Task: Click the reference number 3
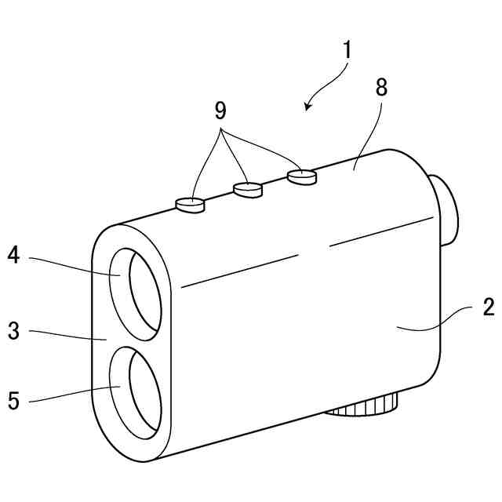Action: click(x=13, y=330)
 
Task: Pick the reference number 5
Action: click(x=13, y=401)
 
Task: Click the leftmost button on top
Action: click(x=189, y=204)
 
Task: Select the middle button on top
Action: click(x=247, y=188)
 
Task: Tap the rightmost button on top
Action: click(x=301, y=176)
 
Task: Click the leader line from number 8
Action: click(x=367, y=125)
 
